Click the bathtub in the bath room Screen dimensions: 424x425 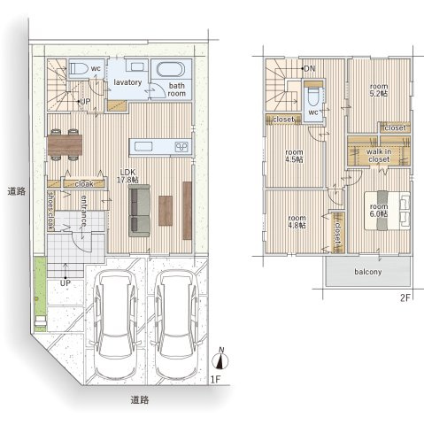[x=171, y=70]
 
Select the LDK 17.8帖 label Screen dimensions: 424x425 [x=127, y=176]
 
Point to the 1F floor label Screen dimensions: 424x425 [x=216, y=379]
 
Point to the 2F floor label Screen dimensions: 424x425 [x=405, y=298]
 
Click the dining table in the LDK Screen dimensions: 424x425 [x=65, y=145]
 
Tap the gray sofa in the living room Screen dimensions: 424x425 [x=139, y=211]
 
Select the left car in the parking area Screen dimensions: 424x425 [x=116, y=325]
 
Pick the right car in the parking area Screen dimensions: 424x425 [x=176, y=325]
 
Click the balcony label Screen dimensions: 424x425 [x=368, y=272]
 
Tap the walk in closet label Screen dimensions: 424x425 [x=379, y=156]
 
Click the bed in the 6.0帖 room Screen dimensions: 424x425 [x=387, y=210]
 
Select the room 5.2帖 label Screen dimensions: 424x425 [x=379, y=90]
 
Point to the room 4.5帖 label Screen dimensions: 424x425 [x=294, y=156]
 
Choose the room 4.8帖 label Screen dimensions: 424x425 [x=297, y=221]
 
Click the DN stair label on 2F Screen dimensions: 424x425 [x=310, y=69]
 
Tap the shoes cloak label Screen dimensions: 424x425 [x=51, y=211]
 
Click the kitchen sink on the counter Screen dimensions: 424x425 [x=143, y=146]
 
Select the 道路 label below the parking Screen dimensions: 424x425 [x=140, y=400]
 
